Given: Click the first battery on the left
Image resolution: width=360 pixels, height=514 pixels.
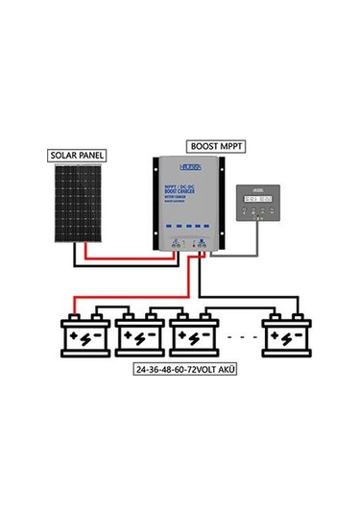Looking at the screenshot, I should tap(84, 337).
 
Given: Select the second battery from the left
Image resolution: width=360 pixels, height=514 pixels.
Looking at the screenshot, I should tap(140, 337).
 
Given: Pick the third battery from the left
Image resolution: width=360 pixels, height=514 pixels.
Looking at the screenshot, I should tap(196, 337).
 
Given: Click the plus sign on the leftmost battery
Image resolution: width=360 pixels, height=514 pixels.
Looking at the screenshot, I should tap(76, 336).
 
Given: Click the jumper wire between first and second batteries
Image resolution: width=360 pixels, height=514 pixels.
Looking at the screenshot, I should tap(112, 310).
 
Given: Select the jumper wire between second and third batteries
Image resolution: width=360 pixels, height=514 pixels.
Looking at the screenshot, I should tap(168, 310).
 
